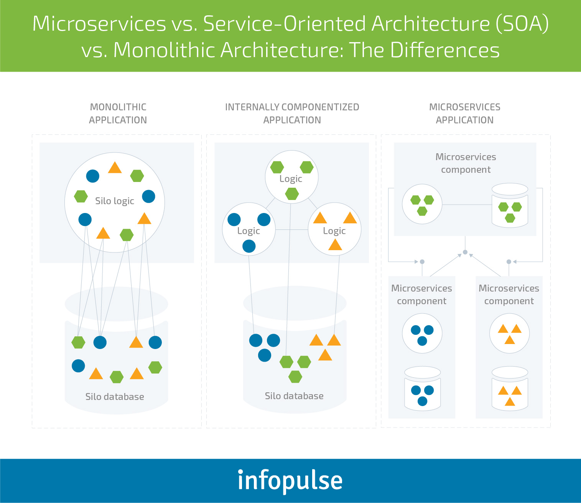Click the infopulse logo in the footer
290,480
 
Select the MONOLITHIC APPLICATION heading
118,113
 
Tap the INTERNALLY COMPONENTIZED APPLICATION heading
292,113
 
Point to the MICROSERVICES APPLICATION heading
464,113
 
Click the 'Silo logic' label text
115,201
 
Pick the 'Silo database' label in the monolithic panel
115,397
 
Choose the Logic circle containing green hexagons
291,177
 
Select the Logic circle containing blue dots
249,229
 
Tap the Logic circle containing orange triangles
334,229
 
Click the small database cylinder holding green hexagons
510,206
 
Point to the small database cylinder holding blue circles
422,388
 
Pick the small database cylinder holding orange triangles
510,388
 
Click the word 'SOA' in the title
522,24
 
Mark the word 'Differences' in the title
445,50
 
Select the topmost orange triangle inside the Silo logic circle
115,168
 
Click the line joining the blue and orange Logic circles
291,229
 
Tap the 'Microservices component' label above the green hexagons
466,163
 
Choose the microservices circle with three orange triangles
510,333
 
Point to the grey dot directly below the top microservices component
465,252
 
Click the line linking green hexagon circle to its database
467,205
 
